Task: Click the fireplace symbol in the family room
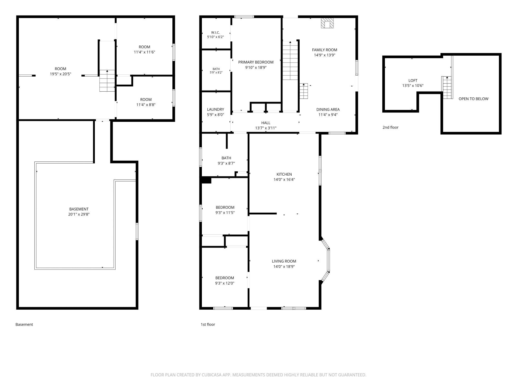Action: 327,23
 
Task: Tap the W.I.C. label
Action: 215,32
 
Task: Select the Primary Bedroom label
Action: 256,62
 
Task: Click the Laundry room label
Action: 215,109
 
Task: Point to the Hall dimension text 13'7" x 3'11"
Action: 266,128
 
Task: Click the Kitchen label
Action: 284,174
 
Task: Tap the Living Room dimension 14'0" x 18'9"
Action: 284,266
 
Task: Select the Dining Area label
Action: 328,109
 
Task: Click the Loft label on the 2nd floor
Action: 413,80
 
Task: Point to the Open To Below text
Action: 473,99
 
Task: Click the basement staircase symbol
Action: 107,80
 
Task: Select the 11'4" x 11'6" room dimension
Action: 144,52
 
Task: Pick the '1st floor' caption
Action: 208,324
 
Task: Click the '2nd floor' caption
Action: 390,127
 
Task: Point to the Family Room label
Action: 324,50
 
